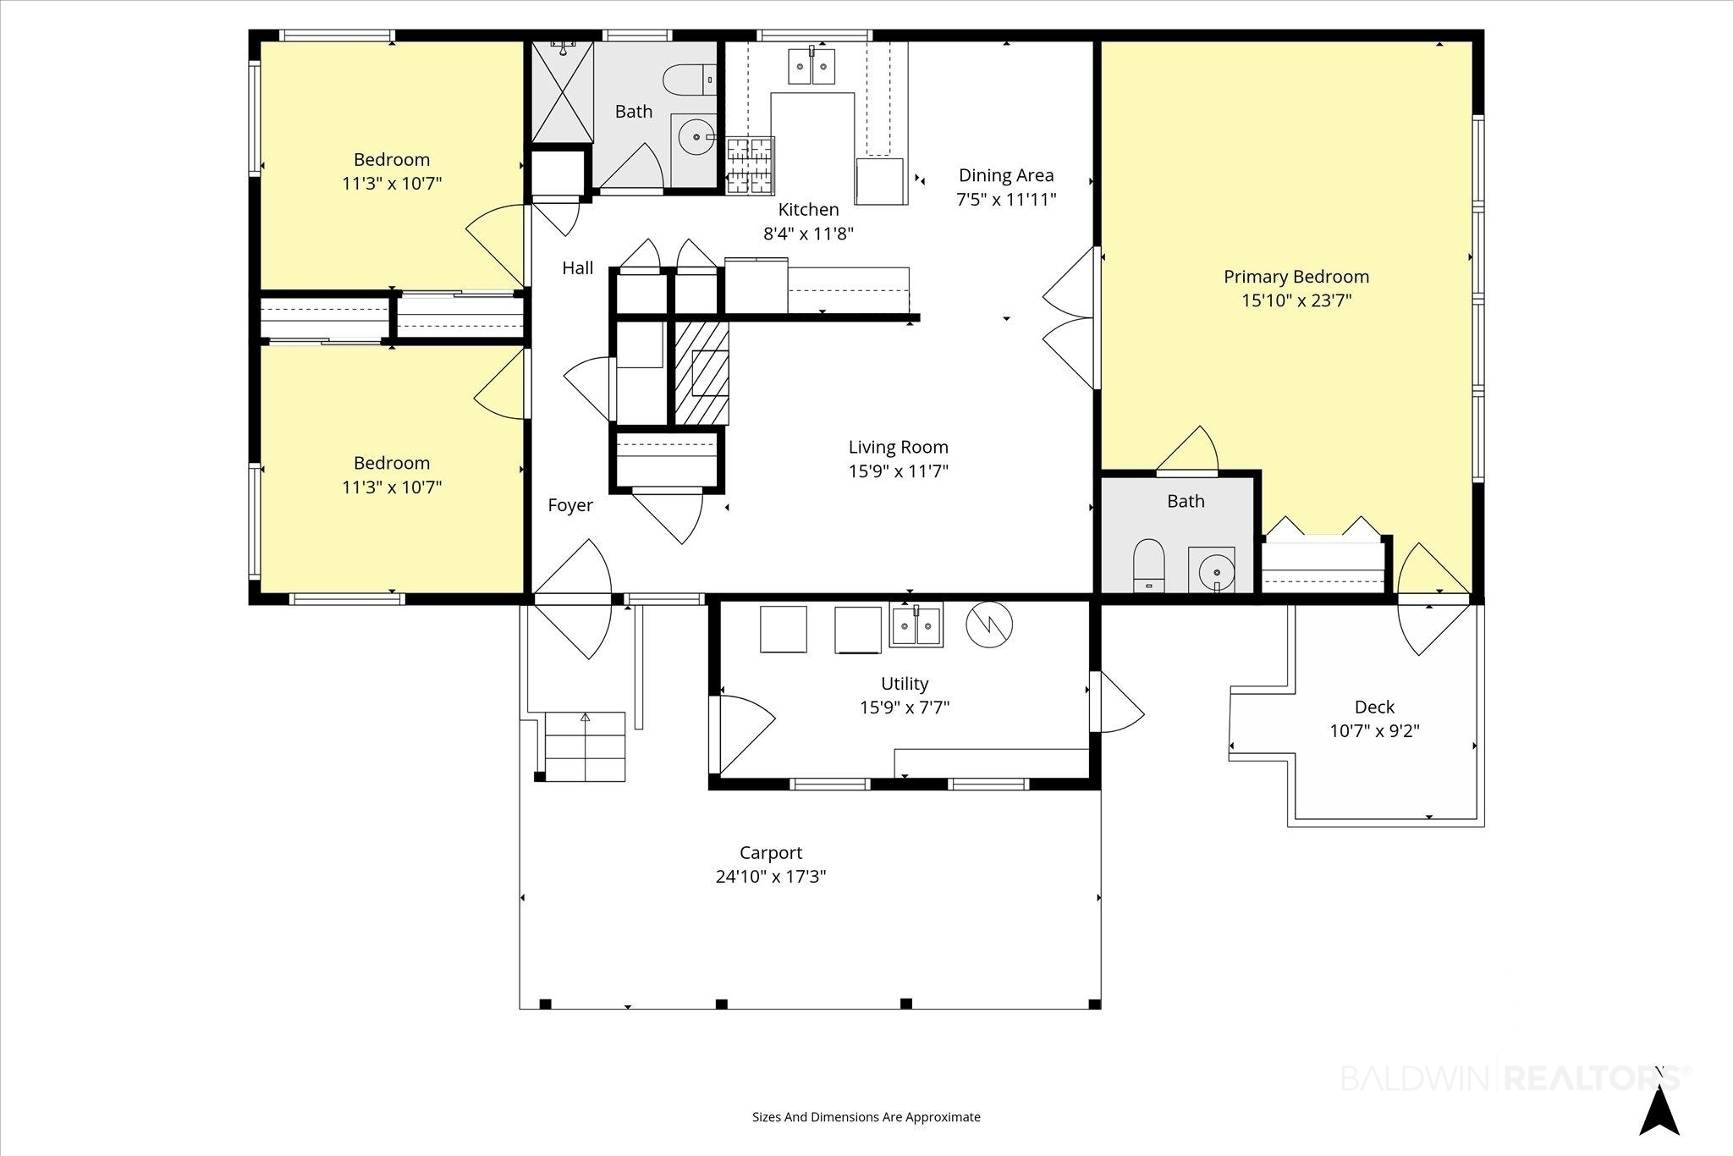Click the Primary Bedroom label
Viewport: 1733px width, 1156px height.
1296,277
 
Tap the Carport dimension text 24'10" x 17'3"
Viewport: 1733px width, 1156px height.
770,877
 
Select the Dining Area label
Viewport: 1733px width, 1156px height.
1006,175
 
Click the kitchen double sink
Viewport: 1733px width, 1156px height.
811,66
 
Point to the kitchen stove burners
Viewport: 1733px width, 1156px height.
751,166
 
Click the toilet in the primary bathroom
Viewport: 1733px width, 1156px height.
1148,565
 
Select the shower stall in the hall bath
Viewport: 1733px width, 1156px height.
562,91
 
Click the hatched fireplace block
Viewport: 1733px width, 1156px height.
701,372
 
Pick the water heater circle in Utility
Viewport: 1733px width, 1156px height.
989,625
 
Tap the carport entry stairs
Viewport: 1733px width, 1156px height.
585,746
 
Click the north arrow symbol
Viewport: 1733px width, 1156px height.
1659,1112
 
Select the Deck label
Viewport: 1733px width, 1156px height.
1374,707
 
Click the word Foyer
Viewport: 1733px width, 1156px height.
570,505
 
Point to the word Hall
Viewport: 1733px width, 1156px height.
578,268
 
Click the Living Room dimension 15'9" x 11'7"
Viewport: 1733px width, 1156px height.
899,471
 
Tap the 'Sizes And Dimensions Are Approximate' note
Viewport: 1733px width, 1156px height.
866,1117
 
